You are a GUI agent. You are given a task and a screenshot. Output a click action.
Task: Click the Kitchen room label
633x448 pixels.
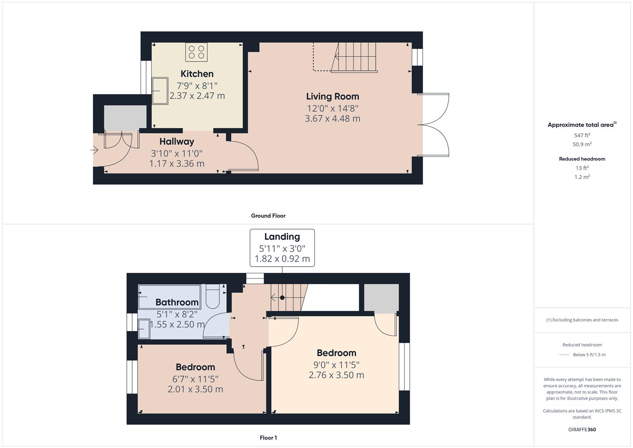click(197, 74)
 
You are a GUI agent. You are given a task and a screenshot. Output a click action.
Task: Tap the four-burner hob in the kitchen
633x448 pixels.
click(196, 52)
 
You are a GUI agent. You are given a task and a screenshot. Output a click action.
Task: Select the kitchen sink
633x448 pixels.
click(160, 91)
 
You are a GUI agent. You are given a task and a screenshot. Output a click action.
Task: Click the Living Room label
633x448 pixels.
click(332, 96)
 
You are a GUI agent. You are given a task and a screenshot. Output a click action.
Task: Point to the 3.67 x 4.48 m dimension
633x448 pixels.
click(332, 119)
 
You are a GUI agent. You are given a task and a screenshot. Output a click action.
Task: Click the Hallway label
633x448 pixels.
click(177, 141)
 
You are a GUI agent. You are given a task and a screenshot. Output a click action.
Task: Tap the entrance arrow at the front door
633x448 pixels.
click(95, 150)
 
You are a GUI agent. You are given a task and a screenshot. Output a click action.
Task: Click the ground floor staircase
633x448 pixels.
click(354, 57)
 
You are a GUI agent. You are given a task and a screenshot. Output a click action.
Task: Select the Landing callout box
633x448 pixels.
click(282, 248)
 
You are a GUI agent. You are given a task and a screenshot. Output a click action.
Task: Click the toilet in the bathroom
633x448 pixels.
click(213, 296)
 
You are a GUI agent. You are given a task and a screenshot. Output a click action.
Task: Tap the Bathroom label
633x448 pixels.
click(177, 302)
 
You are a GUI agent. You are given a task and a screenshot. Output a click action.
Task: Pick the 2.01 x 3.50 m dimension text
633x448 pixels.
click(195, 389)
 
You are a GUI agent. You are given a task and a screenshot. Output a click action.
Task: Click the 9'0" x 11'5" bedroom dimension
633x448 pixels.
click(336, 365)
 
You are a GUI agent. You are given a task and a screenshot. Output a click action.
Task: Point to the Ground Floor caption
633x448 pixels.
click(268, 216)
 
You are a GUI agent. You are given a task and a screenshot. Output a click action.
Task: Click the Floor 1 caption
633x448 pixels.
click(268, 438)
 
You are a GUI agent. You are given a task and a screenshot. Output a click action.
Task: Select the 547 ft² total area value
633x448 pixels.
click(582, 135)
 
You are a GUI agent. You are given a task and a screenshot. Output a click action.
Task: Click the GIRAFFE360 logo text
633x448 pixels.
click(582, 429)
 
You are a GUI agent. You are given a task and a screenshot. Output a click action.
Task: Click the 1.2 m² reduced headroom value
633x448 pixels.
click(582, 177)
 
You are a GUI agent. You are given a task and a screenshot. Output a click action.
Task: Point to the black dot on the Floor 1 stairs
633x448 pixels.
click(282, 297)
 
